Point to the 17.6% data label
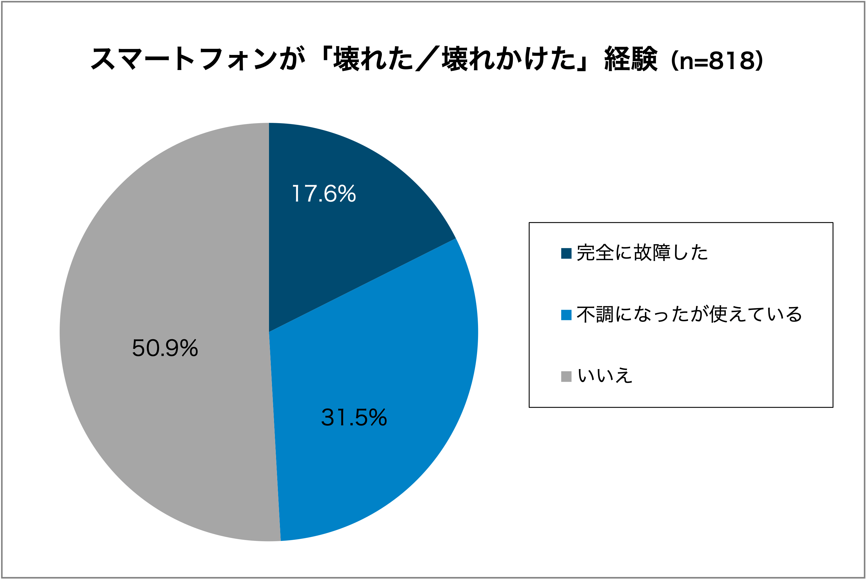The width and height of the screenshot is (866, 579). pyautogui.click(x=324, y=193)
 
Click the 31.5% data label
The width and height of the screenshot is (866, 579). pyautogui.click(x=354, y=417)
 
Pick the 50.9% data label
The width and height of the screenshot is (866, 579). pyautogui.click(x=165, y=348)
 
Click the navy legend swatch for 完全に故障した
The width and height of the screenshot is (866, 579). pyautogui.click(x=566, y=253)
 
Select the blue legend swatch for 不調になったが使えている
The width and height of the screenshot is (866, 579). pyautogui.click(x=566, y=315)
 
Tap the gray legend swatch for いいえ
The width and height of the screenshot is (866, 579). pyautogui.click(x=566, y=376)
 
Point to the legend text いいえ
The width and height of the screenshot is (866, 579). pyautogui.click(x=604, y=376)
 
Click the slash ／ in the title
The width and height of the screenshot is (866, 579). pyautogui.click(x=428, y=58)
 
